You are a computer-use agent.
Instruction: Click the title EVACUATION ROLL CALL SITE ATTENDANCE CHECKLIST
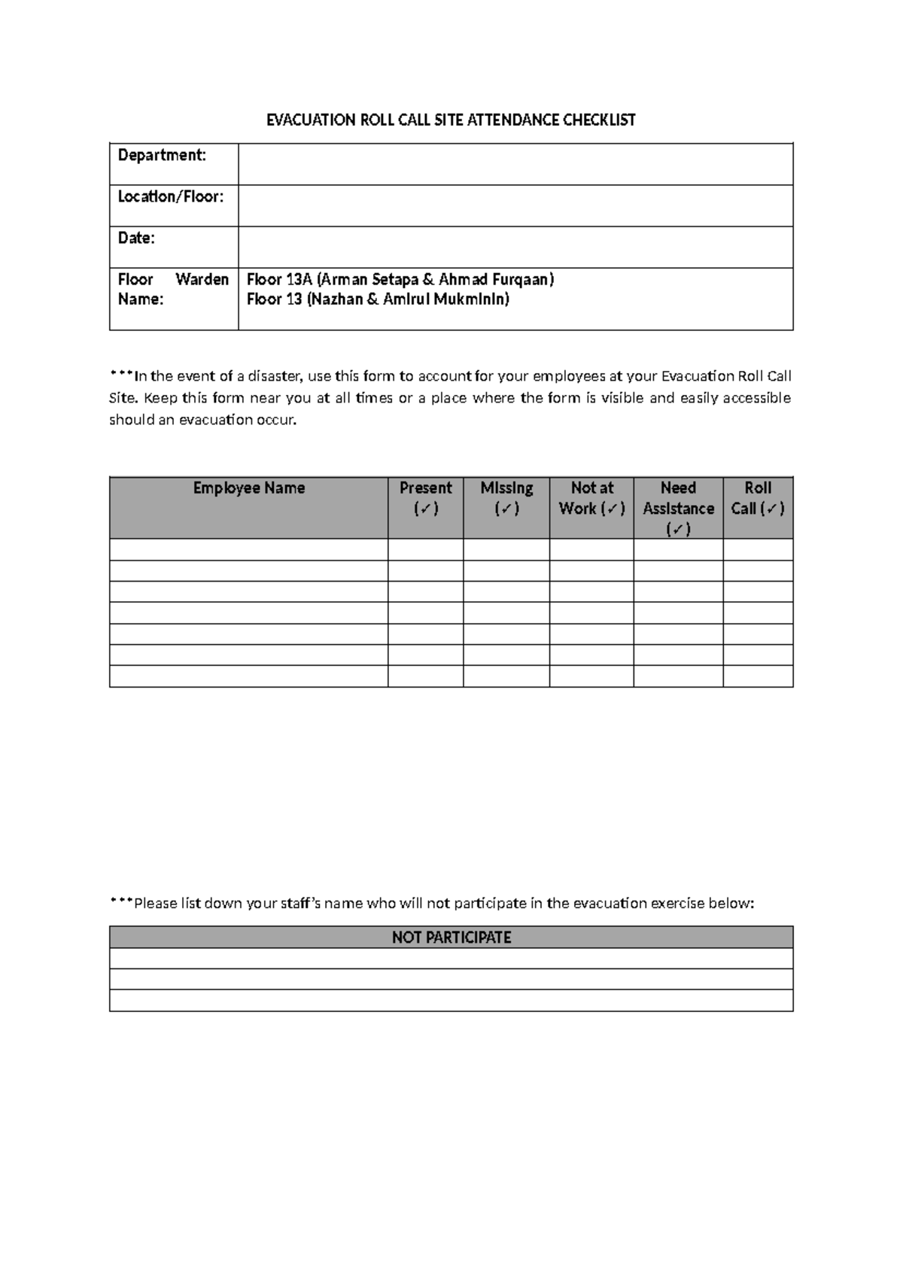coord(451,120)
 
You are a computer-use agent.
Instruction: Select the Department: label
coord(162,155)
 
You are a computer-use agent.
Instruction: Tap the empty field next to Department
coord(515,164)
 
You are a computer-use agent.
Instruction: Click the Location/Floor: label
coord(171,196)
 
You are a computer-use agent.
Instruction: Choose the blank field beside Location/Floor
coord(515,205)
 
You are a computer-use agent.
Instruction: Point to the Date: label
coord(136,238)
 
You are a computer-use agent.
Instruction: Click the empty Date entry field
coord(515,247)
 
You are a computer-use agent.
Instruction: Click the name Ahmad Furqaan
coord(494,280)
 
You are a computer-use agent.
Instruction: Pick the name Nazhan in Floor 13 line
coord(337,299)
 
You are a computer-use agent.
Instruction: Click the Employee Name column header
coord(248,488)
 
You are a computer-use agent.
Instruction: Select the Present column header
coord(425,497)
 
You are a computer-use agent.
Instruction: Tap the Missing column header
coord(506,497)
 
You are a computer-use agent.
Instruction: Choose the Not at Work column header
coord(591,497)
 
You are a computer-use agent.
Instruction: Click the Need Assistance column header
coord(678,508)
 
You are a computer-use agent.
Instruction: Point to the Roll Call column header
coord(758,497)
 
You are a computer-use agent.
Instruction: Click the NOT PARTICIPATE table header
coord(451,937)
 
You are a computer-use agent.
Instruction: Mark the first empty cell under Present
coord(425,550)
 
